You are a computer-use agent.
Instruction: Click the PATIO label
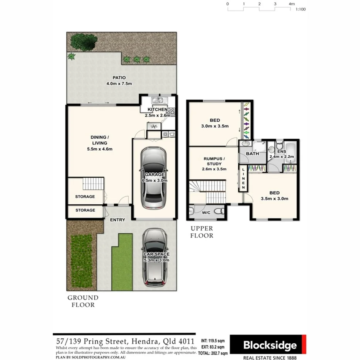point(119,77)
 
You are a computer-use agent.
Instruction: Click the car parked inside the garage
point(154,177)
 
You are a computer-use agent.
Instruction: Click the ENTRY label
point(117,220)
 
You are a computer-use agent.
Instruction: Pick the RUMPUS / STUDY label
point(214,161)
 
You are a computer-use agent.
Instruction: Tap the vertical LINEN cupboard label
point(243,178)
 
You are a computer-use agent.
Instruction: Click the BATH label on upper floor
point(252,154)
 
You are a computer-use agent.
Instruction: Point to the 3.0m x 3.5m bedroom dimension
point(215,126)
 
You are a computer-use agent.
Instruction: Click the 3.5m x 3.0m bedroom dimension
point(275,199)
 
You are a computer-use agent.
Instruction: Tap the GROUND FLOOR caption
point(83,301)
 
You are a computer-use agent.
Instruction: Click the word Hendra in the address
point(136,342)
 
